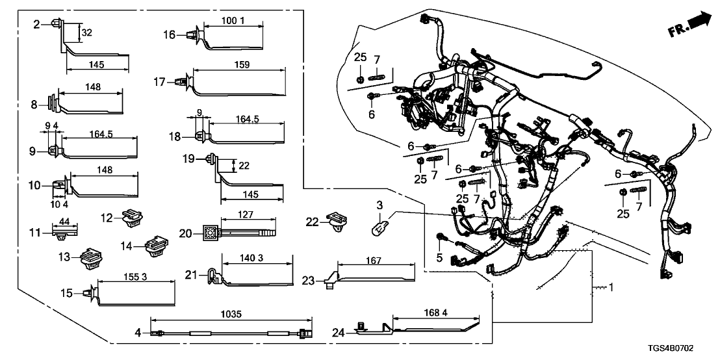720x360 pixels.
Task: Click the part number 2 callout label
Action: [36, 24]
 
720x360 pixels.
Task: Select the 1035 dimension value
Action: [231, 315]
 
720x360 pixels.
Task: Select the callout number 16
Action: [169, 34]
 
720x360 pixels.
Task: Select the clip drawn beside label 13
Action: [88, 257]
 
